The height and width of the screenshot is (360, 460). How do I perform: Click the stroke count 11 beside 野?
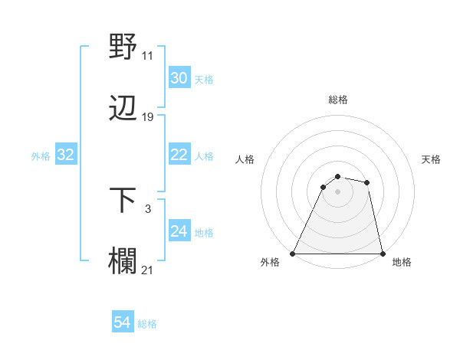(x=148, y=56)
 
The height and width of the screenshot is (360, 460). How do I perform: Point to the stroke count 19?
(x=148, y=117)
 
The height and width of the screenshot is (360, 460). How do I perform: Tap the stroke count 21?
(x=148, y=270)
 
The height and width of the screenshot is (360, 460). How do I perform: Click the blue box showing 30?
(x=179, y=78)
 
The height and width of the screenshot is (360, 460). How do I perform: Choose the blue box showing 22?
(x=179, y=155)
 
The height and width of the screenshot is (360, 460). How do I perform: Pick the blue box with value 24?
(x=179, y=231)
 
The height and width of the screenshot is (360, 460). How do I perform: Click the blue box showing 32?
(x=65, y=155)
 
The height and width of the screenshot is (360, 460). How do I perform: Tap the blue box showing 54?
(x=122, y=323)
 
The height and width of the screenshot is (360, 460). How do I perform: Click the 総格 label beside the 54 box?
(x=147, y=324)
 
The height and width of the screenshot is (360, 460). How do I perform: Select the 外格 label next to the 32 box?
(x=41, y=155)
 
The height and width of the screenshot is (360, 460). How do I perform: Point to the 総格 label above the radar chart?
(x=337, y=100)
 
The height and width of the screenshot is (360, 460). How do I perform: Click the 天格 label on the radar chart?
(x=432, y=159)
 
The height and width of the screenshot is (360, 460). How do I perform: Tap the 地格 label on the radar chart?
(x=402, y=262)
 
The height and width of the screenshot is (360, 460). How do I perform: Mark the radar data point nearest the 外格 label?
(x=293, y=253)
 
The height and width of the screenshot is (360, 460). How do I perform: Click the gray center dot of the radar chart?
(x=337, y=191)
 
